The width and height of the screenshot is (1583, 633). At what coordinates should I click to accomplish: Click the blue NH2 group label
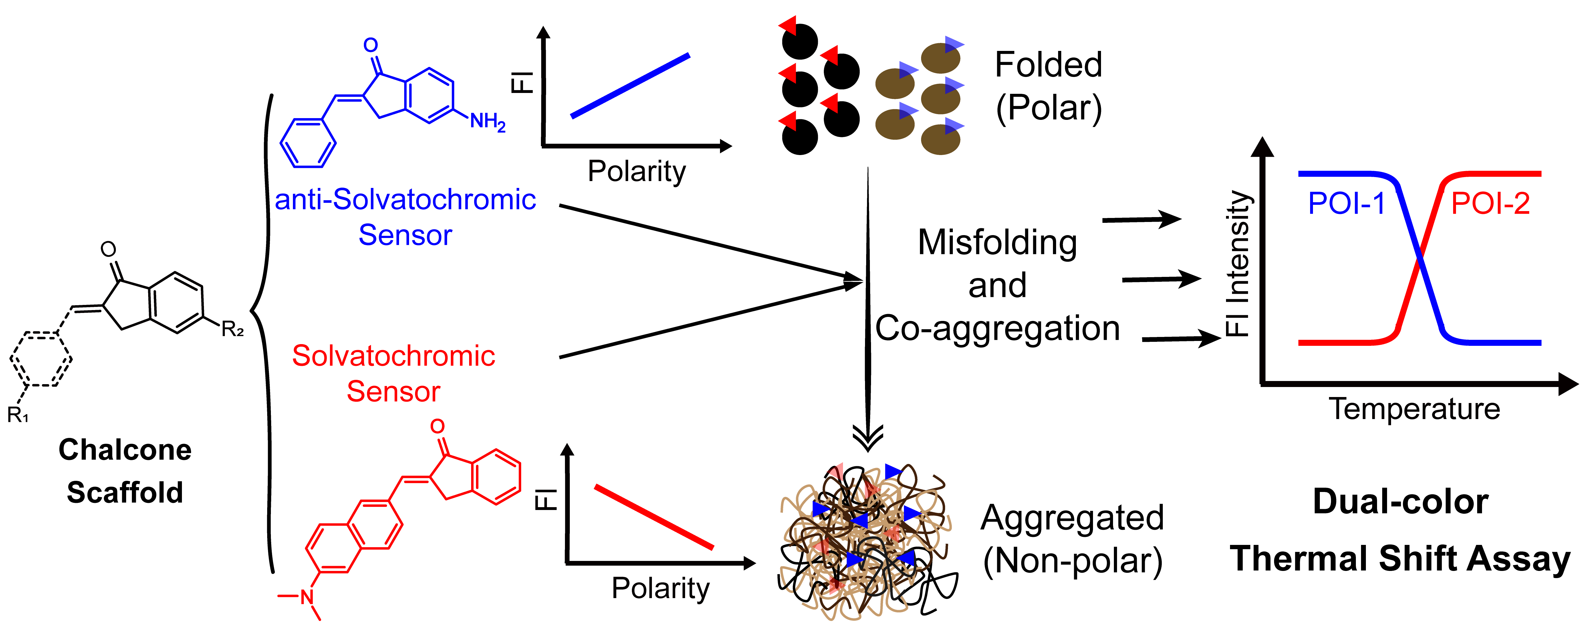click(x=487, y=122)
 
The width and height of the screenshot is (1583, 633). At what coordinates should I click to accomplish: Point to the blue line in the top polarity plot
click(x=630, y=86)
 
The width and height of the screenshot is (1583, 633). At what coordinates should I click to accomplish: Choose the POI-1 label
click(x=1346, y=203)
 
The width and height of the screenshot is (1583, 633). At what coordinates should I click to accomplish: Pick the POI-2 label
click(x=1490, y=203)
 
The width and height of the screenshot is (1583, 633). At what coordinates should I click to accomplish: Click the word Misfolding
click(x=997, y=243)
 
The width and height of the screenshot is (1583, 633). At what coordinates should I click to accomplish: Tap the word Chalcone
click(x=125, y=450)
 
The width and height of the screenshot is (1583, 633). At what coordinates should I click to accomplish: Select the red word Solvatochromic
click(x=393, y=356)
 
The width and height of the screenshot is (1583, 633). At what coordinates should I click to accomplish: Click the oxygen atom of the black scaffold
click(x=108, y=249)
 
